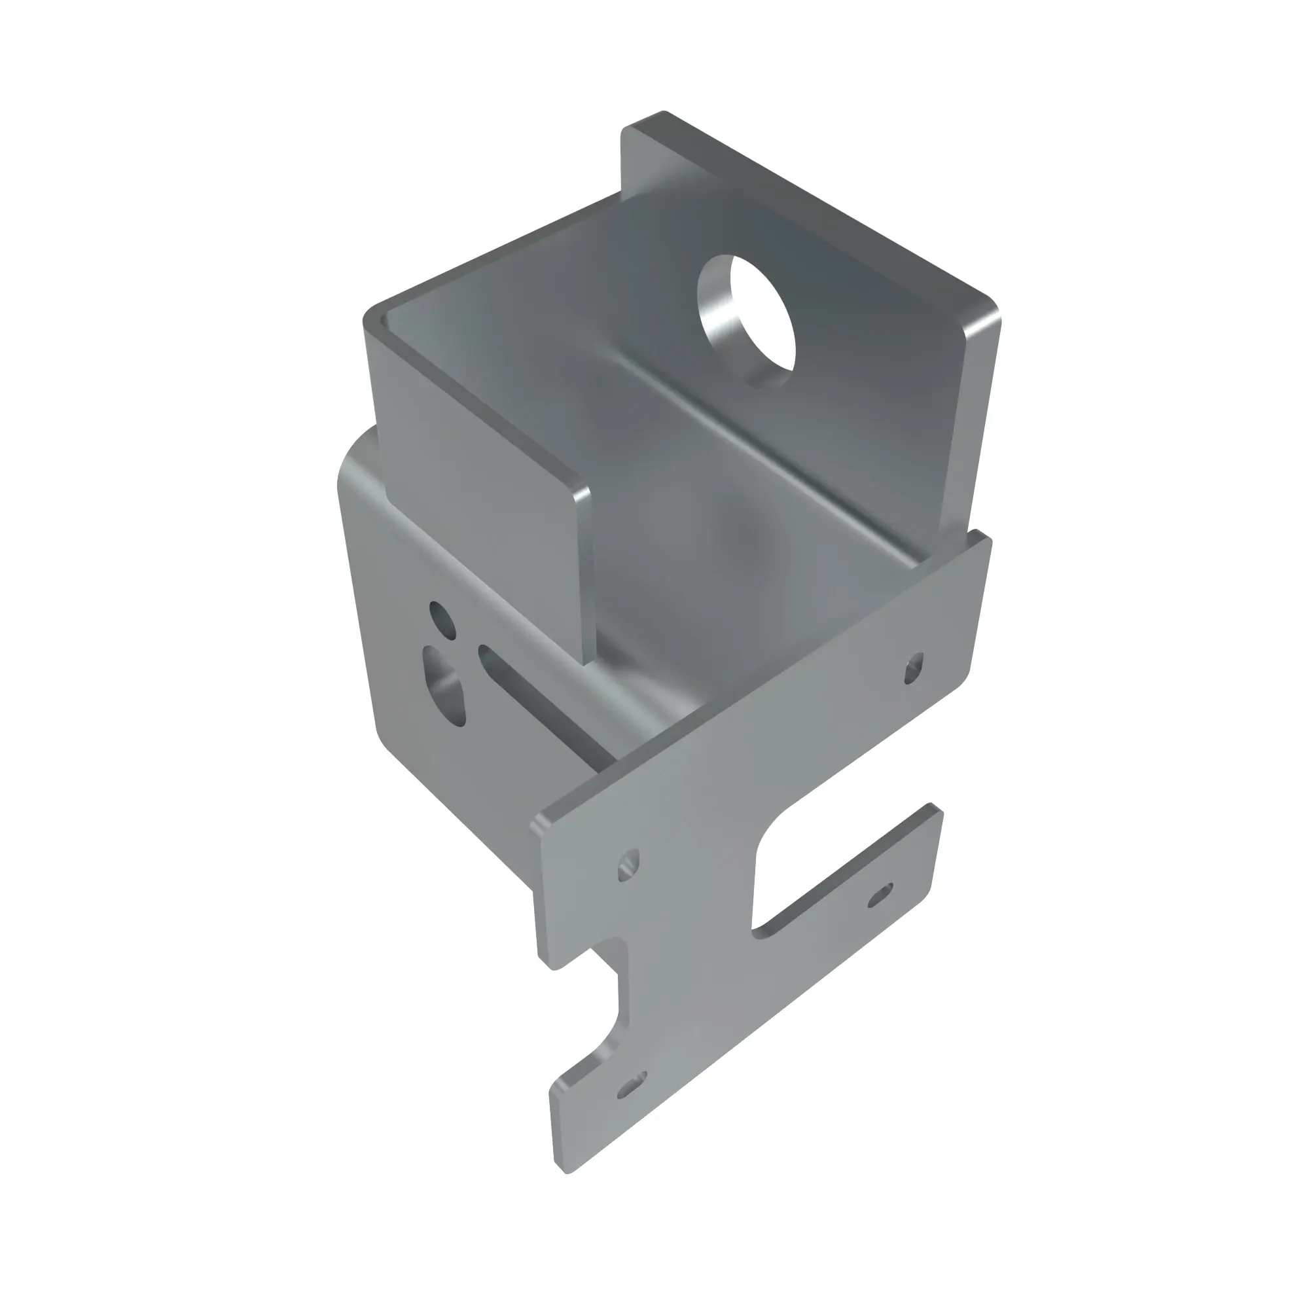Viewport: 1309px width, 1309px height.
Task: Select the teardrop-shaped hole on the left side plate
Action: click(x=445, y=686)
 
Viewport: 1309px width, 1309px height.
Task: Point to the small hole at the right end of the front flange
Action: click(x=914, y=668)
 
